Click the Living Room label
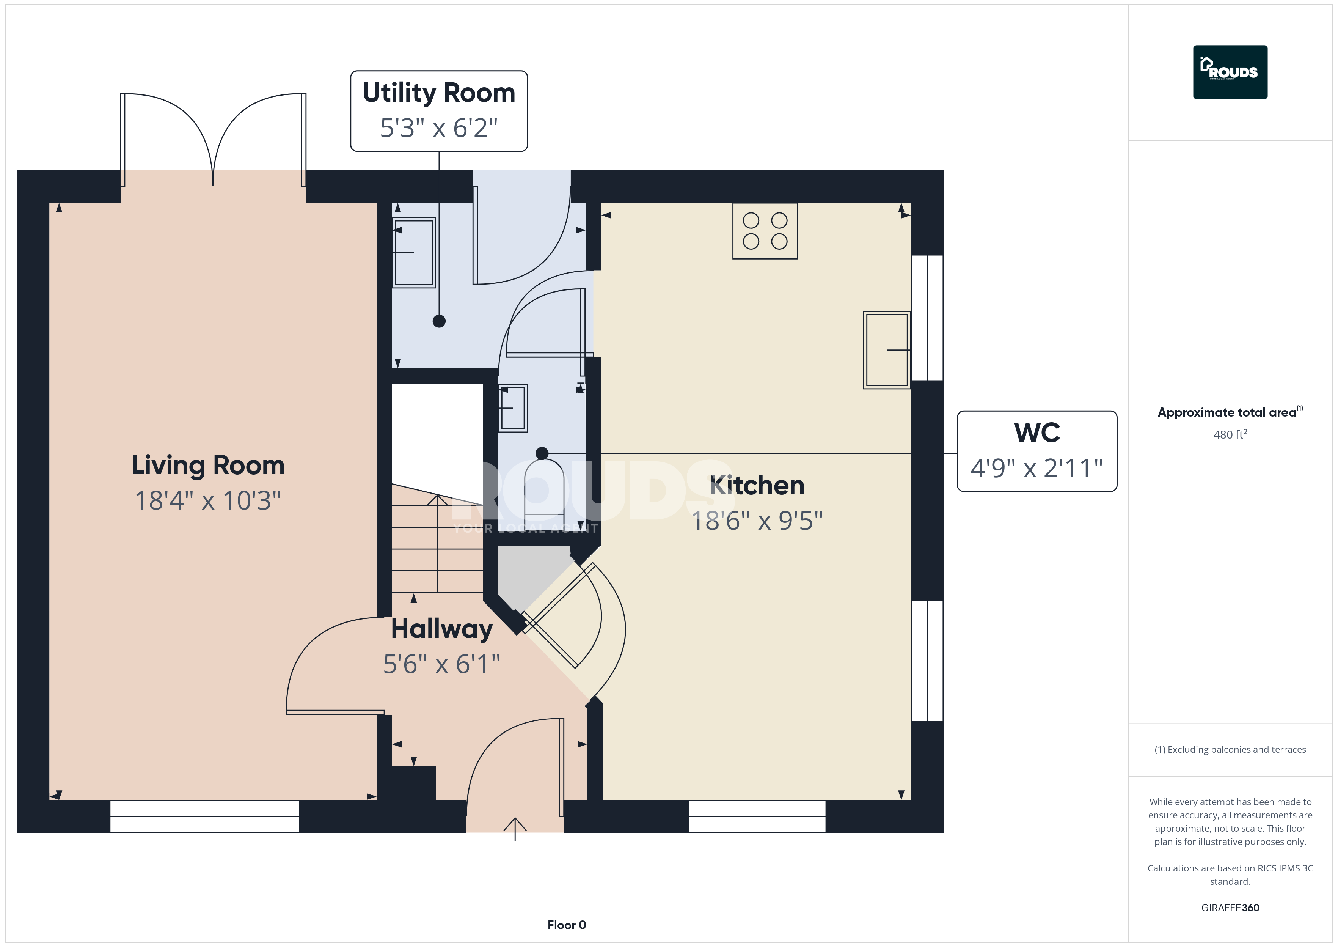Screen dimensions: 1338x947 (x=208, y=465)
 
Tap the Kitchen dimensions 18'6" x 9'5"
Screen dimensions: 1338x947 (x=757, y=521)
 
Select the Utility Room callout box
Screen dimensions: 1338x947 (x=439, y=111)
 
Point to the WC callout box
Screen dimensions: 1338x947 (x=1037, y=451)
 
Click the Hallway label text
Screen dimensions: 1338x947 (x=442, y=629)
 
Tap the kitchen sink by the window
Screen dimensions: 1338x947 (x=886, y=350)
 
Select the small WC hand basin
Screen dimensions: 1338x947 (x=513, y=407)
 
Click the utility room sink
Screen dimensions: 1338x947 (x=414, y=252)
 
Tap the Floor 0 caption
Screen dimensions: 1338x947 (x=567, y=925)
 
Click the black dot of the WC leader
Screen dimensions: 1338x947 (x=542, y=453)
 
